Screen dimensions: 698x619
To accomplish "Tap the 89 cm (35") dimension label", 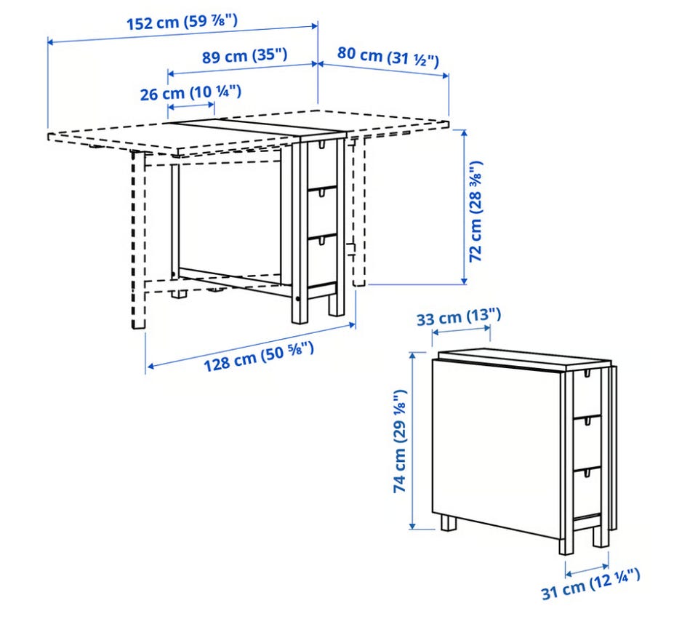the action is pos(245,56).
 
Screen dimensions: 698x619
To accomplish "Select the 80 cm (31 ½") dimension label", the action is pos(388,56).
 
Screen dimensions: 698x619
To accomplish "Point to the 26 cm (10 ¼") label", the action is pos(191,93).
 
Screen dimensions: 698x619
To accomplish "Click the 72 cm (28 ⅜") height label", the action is pos(476,212).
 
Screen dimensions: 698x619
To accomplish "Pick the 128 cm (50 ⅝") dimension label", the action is pos(259,356).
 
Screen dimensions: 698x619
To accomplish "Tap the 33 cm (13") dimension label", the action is pos(459,317).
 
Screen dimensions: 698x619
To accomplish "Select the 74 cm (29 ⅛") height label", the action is pos(400,442).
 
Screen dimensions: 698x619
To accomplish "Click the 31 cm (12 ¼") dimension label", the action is pos(590,583).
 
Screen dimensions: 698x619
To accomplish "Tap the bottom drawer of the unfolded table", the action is pos(322,260).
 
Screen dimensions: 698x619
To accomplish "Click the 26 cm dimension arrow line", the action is pos(191,106).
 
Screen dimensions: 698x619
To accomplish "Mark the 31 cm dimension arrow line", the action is pos(587,570).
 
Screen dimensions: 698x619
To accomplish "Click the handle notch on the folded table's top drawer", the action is pos(587,372).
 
